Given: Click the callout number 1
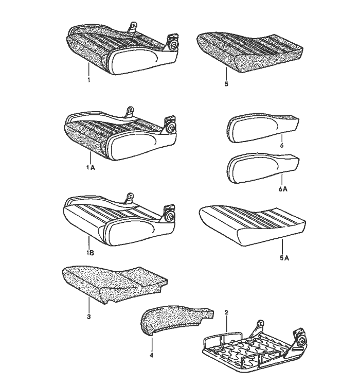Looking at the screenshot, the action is point(88,80).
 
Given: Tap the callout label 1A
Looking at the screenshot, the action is point(91,167).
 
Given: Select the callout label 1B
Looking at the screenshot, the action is point(91,253).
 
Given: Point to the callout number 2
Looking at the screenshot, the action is point(226,312).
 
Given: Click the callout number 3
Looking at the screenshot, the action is point(89,317).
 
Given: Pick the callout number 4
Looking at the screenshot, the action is point(151,355).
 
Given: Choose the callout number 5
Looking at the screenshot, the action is point(226,84).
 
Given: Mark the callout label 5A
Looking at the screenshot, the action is point(284,258).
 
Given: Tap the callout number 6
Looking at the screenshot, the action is point(282,145).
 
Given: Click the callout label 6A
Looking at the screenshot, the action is point(283,188).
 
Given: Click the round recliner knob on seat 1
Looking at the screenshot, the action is point(174,45).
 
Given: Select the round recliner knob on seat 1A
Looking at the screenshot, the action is point(171,128).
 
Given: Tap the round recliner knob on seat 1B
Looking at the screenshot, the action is point(169,216).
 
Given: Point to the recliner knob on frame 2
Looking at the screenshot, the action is point(303,341).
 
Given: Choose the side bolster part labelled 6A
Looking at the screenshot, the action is point(263,169).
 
